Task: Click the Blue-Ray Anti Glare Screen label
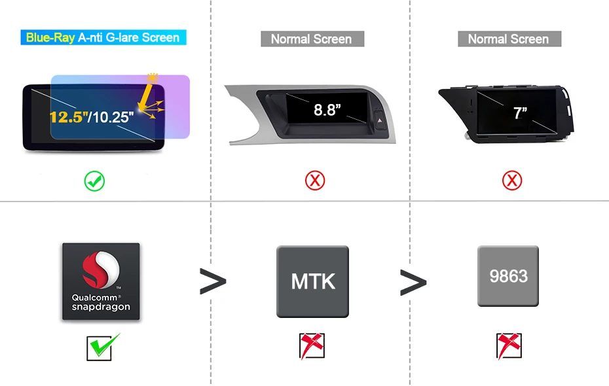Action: [x=103, y=37]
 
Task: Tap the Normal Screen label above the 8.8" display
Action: [x=311, y=39]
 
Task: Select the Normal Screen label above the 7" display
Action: [x=508, y=39]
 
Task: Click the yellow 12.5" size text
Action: [x=69, y=117]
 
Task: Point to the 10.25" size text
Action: [x=113, y=118]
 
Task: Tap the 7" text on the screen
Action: [x=520, y=113]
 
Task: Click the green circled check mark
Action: [x=95, y=181]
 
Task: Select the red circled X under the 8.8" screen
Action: [x=315, y=181]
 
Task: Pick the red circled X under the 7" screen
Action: [x=512, y=181]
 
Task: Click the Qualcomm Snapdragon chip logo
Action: [x=101, y=282]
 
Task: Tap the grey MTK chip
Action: [x=312, y=281]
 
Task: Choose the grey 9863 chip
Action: [x=508, y=276]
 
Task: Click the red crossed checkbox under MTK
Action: [x=312, y=346]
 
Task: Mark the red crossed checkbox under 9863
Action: [x=509, y=346]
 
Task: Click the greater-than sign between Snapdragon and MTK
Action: [x=213, y=282]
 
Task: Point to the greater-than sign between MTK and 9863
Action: [x=413, y=282]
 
